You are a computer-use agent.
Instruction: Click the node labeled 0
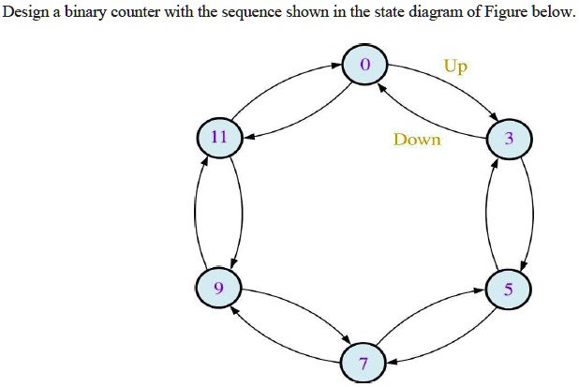[364, 65]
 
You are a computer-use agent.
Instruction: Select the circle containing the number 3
[509, 139]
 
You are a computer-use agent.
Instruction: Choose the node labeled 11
[219, 137]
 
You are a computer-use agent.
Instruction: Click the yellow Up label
[456, 67]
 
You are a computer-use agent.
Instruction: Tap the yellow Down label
[417, 140]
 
